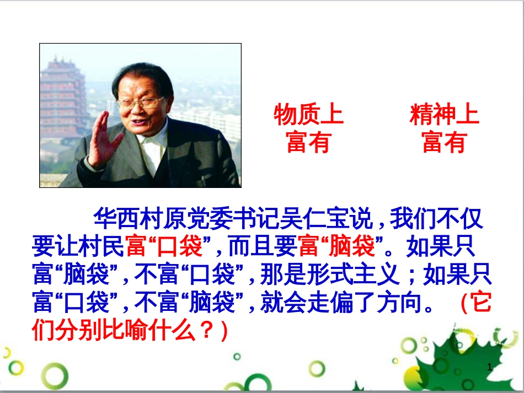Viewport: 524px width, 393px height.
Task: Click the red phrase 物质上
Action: pos(308,116)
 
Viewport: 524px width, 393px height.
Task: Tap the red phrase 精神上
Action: pos(444,116)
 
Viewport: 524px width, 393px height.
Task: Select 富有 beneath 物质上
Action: pos(308,142)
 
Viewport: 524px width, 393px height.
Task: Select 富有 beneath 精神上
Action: pos(444,142)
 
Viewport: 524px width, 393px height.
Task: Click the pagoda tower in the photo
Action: pos(62,99)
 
